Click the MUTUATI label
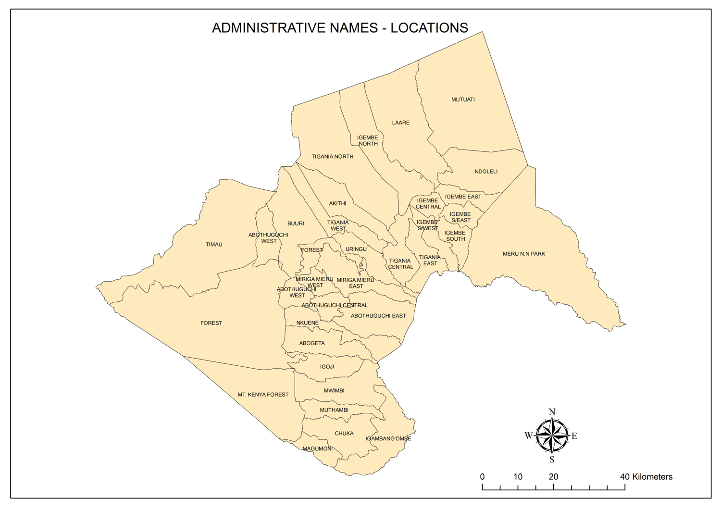[463, 100]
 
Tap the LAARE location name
[400, 123]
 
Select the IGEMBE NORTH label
[368, 140]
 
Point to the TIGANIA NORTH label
[332, 157]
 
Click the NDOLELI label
[486, 172]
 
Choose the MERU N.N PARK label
[524, 254]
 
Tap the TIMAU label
[214, 245]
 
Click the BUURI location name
[296, 224]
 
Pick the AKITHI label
[337, 203]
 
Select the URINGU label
[356, 249]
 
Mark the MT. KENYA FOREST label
[263, 395]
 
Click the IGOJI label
[327, 367]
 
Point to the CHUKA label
[344, 434]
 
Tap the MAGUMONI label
[317, 449]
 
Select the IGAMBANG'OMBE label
[388, 438]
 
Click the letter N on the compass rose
[552, 412]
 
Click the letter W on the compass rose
[529, 435]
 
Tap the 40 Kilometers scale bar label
[646, 477]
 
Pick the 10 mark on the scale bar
[518, 477]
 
